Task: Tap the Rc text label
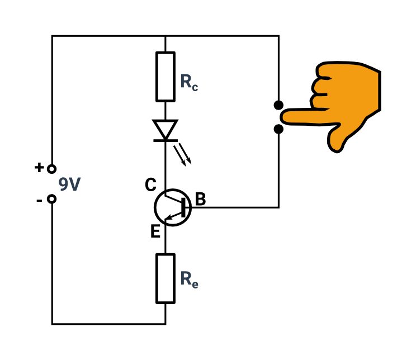point(189,83)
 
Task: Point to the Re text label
point(189,280)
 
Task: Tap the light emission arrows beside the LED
point(182,155)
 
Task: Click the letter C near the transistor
point(151,184)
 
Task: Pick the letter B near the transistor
point(200,199)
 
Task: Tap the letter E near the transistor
point(155,231)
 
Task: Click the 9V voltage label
point(69,184)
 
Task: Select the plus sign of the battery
point(39,167)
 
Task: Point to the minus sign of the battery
point(39,201)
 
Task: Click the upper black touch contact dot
point(278,105)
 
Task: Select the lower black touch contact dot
point(278,129)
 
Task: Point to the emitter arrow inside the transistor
point(174,215)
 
